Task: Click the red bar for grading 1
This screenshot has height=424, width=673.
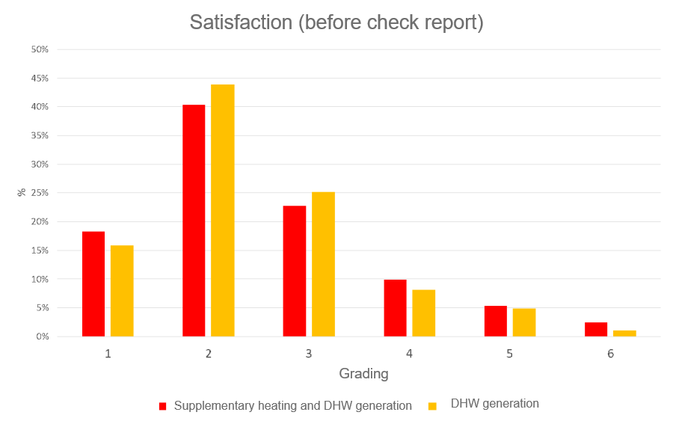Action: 93,284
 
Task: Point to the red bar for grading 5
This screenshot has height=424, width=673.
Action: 495,322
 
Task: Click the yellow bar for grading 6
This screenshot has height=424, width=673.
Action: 624,334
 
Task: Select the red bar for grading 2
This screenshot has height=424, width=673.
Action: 194,221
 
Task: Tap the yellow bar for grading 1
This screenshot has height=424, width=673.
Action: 122,291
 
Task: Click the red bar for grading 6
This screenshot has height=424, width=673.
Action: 596,330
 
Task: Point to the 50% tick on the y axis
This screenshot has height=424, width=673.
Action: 40,49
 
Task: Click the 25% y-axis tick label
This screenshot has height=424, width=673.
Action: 40,193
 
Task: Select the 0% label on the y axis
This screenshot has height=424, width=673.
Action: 42,337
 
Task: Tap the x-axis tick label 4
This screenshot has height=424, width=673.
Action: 409,354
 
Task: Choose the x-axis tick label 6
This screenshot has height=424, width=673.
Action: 610,354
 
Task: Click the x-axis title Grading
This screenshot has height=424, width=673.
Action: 363,374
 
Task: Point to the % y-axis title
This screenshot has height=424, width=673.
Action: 22,192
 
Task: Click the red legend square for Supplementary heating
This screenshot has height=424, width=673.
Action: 162,406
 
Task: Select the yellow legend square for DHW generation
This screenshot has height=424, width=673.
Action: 432,406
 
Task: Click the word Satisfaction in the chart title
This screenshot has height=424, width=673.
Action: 240,22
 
